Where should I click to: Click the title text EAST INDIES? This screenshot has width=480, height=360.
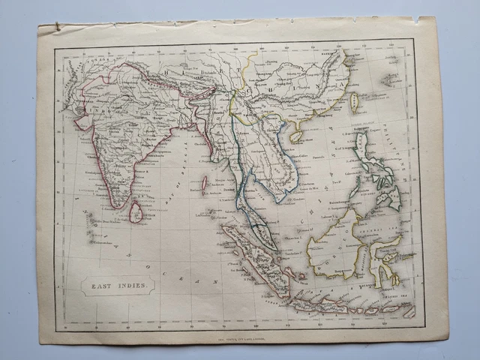point(118,285)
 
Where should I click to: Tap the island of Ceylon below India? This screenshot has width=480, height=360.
point(136,213)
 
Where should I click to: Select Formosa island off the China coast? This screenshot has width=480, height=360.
point(353,102)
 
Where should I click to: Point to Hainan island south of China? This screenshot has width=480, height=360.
point(296,135)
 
